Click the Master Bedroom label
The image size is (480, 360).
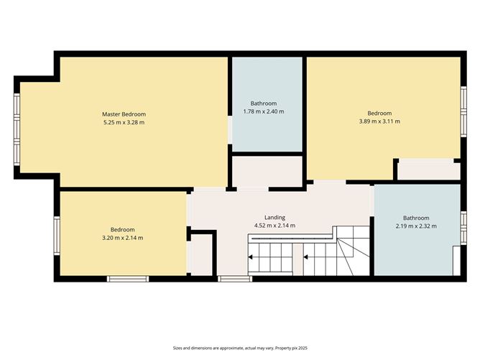[124, 114]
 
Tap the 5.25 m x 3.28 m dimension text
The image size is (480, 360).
[124, 122]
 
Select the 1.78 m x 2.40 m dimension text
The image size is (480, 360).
[264, 111]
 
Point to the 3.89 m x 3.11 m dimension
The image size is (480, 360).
[379, 121]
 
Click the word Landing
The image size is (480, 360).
[275, 218]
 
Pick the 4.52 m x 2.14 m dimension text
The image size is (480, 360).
[275, 226]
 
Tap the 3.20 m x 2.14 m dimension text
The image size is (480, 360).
[122, 238]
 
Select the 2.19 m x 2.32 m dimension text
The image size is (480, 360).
[416, 226]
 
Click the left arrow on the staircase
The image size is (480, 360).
[250, 257]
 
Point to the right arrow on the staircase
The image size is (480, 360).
[305, 257]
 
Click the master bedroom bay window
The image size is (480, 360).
[17, 129]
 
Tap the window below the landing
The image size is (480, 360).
[235, 279]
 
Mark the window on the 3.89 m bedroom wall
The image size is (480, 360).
[463, 111]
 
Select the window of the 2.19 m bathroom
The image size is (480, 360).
[463, 228]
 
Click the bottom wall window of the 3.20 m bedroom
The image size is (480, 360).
[128, 279]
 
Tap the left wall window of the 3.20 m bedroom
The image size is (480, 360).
[57, 236]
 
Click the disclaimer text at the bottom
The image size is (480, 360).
[240, 348]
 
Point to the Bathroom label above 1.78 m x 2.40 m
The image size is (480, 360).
[264, 103]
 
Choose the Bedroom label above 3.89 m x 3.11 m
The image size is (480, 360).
[379, 114]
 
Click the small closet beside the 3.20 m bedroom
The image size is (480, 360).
[201, 254]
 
